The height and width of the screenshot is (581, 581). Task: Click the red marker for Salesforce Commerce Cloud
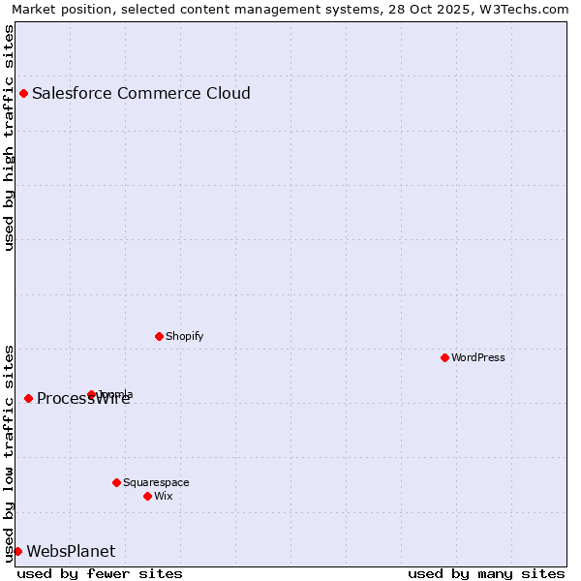pyautogui.click(x=23, y=94)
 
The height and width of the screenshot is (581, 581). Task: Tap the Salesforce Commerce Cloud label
pyautogui.click(x=141, y=94)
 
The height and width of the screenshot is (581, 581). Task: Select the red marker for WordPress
pyautogui.click(x=444, y=358)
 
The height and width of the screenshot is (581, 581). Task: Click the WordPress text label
pyautogui.click(x=478, y=358)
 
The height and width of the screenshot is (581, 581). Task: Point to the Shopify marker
pyautogui.click(x=159, y=337)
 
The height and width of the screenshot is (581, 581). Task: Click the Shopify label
pyautogui.click(x=185, y=337)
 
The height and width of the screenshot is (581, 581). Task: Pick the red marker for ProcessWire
pyautogui.click(x=28, y=399)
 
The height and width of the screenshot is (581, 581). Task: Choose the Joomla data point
pyautogui.click(x=91, y=395)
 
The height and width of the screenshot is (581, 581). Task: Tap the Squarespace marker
pyautogui.click(x=116, y=482)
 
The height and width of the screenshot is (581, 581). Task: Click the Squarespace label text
pyautogui.click(x=156, y=482)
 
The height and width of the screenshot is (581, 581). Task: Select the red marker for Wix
pyautogui.click(x=147, y=496)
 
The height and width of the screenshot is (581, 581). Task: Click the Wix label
pyautogui.click(x=164, y=496)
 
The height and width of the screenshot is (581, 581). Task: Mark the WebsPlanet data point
pyautogui.click(x=17, y=552)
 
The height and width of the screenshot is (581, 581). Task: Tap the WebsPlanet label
pyautogui.click(x=71, y=552)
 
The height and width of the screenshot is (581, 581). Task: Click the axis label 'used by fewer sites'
pyautogui.click(x=100, y=573)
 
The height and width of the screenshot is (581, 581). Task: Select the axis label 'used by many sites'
pyautogui.click(x=486, y=573)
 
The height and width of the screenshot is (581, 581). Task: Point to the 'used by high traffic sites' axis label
pyautogui.click(x=9, y=138)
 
